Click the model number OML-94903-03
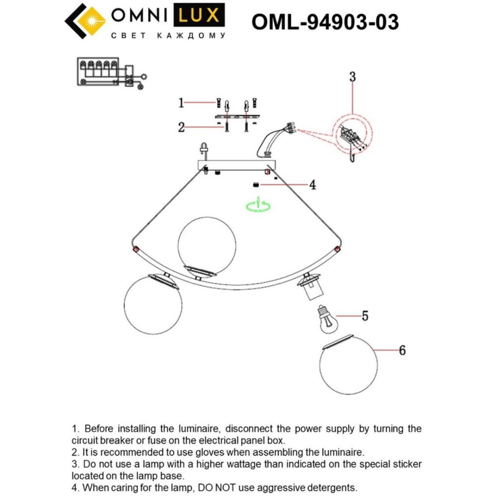point(325,22)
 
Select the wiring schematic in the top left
point(111,73)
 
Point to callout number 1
point(181,103)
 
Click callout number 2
point(181,127)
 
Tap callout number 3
point(352,77)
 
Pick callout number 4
point(312,185)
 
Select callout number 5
point(365,316)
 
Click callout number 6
point(402,351)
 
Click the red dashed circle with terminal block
point(353,136)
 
